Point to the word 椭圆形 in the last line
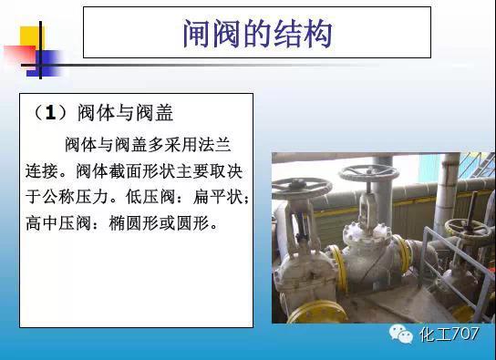[x=129, y=221]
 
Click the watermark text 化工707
[x=452, y=335]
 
